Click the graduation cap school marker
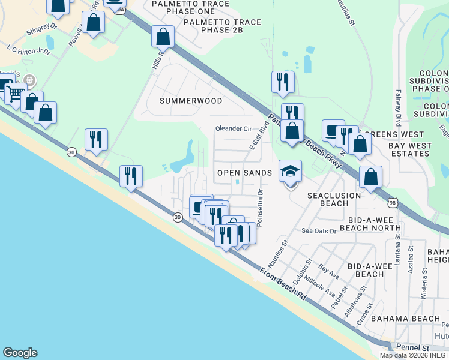pyautogui.click(x=291, y=172)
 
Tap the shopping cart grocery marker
pyautogui.click(x=15, y=93)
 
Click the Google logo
pyautogui.click(x=20, y=353)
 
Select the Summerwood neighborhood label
pyautogui.click(x=191, y=101)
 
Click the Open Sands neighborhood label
pyautogui.click(x=244, y=172)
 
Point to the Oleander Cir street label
pyautogui.click(x=234, y=128)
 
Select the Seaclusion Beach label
pyautogui.click(x=334, y=199)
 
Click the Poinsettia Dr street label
pyautogui.click(x=260, y=208)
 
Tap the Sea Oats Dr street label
pyautogui.click(x=319, y=230)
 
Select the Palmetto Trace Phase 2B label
pyautogui.click(x=223, y=26)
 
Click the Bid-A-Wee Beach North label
pyautogui.click(x=370, y=223)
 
